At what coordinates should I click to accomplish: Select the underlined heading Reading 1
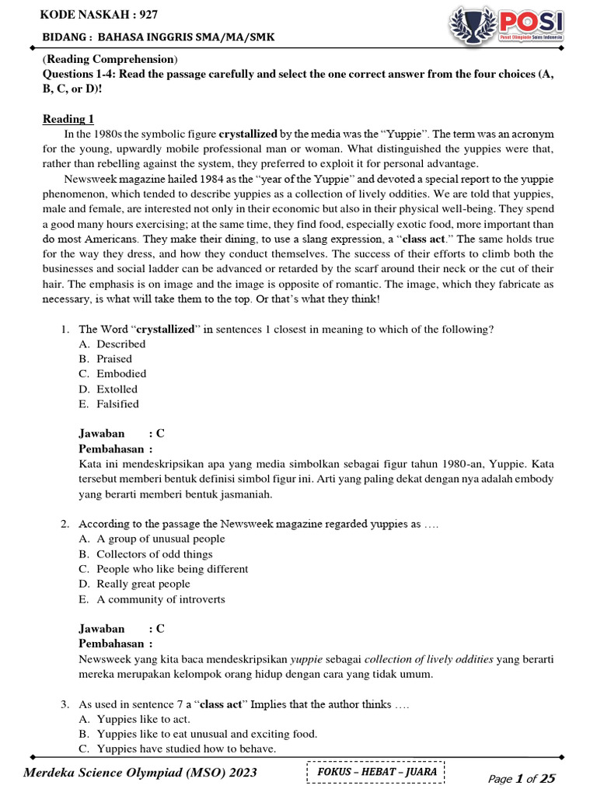[x=68, y=119]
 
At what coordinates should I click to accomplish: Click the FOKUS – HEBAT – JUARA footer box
[x=375, y=772]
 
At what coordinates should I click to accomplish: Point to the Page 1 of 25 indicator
[x=522, y=778]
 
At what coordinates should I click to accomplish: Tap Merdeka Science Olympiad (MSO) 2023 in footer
[x=140, y=773]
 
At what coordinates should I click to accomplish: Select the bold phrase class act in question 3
[x=222, y=704]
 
